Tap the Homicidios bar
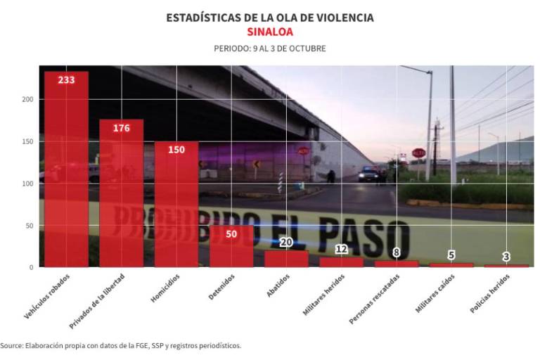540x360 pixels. (176, 204)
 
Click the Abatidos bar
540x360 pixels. (286, 259)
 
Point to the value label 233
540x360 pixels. (66, 79)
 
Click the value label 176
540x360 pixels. (121, 128)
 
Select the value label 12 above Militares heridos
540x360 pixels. (342, 249)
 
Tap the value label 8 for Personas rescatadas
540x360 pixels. (397, 252)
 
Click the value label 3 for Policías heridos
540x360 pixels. (506, 257)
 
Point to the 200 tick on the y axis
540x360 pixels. (27, 100)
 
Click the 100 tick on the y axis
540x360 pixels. (27, 184)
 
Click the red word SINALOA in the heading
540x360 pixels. (270, 32)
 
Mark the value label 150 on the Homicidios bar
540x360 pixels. (176, 149)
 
